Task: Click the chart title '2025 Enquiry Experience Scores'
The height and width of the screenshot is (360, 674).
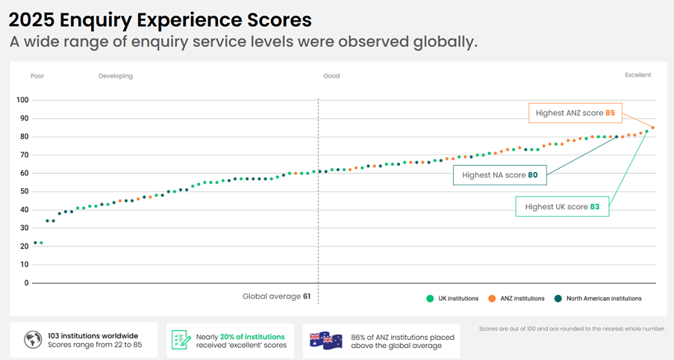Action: point(160,19)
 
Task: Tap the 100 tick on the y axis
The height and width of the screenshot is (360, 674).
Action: point(22,100)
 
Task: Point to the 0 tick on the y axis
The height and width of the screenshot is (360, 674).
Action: point(26,283)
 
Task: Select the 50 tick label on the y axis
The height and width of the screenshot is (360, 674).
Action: point(24,191)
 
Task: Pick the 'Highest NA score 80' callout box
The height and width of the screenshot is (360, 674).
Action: point(499,175)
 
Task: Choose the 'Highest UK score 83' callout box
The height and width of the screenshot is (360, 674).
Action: point(562,206)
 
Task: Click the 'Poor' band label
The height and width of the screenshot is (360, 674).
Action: point(37,75)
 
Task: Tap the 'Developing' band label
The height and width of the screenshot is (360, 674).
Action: point(116,75)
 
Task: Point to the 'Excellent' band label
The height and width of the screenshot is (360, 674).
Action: point(637,75)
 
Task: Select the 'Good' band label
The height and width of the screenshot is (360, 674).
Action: point(331,75)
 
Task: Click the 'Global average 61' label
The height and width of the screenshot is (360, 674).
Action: point(276,297)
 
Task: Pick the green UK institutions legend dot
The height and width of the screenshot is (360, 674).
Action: point(430,298)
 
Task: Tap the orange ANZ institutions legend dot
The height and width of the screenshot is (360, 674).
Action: point(492,298)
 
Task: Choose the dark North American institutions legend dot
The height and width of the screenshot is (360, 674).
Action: point(558,298)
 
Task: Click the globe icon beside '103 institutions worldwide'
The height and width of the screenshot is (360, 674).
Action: point(32,340)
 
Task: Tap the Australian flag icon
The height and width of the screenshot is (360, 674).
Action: point(326,340)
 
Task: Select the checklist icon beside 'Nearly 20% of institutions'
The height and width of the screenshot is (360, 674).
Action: point(180,340)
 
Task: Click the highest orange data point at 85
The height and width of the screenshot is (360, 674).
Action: point(653,128)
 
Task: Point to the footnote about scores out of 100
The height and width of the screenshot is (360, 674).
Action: point(572,329)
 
